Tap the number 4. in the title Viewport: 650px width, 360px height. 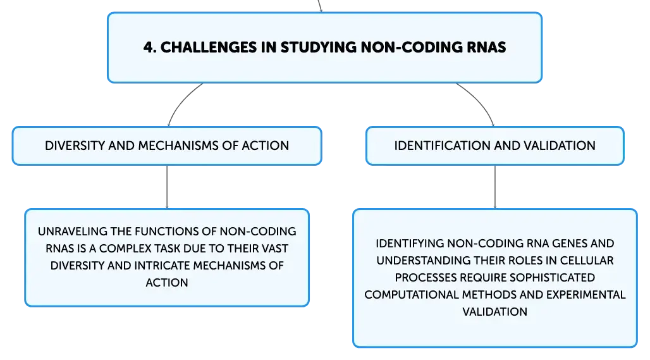pos(150,47)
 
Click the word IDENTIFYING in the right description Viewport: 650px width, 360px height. pos(410,244)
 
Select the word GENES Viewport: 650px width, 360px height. pos(558,244)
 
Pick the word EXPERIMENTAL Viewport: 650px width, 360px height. pos(586,295)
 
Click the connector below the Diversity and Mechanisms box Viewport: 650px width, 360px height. pos(167,187)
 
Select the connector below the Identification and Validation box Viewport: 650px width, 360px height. pos(494,187)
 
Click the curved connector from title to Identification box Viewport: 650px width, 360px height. pos(477,101)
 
